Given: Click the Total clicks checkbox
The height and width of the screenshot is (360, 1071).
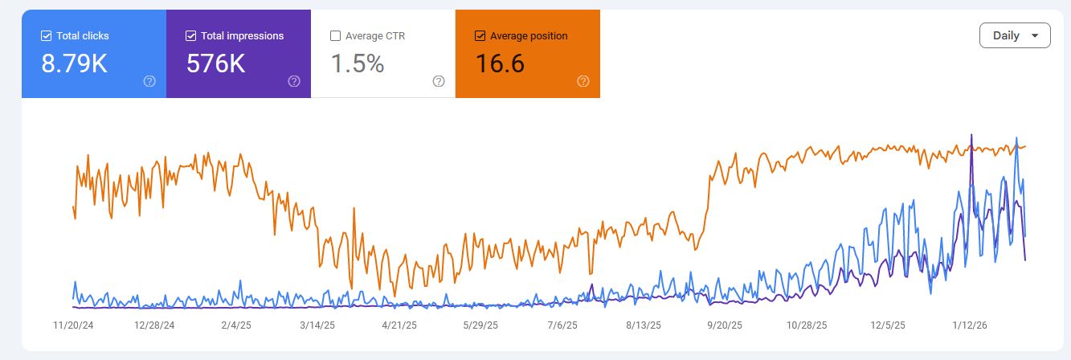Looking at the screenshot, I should pos(46,35).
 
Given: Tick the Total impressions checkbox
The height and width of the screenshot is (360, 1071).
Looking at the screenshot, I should pos(190,35).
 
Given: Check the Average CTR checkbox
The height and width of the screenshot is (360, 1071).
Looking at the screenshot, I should pos(335,35).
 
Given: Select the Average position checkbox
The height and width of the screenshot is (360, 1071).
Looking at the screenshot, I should pos(480,35).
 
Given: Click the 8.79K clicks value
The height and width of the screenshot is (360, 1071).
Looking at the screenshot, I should pos(74,63).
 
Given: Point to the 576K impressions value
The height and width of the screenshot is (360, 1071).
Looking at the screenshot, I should pos(215,63).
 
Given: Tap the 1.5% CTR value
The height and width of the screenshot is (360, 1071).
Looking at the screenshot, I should pos(357,63).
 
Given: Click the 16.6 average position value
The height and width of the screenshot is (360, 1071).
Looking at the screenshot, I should pos(500,63).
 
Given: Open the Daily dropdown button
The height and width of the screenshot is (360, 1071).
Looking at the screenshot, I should pos(1015,35).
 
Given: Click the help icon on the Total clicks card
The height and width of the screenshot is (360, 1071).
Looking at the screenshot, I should pos(149,81).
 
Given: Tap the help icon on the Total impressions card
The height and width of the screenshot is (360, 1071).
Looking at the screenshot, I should pos(294,81).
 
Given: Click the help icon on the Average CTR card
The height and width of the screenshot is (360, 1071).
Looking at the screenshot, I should pos(439,81).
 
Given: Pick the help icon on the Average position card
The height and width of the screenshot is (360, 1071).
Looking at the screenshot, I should pos(583,81).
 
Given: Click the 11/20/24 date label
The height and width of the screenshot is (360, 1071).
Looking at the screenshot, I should pos(74,325).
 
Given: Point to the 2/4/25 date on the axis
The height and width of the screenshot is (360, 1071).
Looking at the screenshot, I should pos(235,325).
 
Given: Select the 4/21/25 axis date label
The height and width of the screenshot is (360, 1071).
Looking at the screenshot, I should pos(399,325).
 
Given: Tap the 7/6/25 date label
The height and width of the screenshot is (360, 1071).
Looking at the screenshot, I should pos(562,325).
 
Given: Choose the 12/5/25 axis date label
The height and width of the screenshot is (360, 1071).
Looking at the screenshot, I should pos(889,325).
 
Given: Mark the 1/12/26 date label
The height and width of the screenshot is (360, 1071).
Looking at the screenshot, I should pos(971,325).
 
